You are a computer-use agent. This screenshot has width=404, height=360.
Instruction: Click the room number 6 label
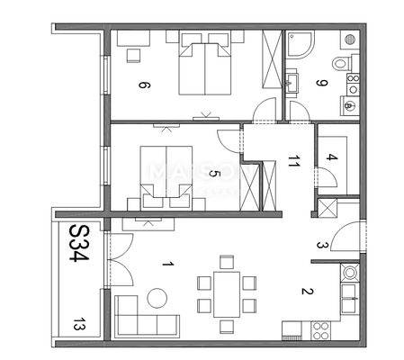[x=142, y=86]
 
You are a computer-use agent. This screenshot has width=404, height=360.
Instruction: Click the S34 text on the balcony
[x=78, y=241]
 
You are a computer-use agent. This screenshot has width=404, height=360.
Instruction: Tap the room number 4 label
[x=331, y=159]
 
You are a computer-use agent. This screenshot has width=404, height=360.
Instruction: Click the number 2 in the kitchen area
[x=306, y=290]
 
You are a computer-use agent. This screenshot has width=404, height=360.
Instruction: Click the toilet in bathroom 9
[x=342, y=63]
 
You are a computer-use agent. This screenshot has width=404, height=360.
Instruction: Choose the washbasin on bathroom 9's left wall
[x=292, y=83]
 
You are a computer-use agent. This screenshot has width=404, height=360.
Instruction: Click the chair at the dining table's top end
[x=227, y=263]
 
